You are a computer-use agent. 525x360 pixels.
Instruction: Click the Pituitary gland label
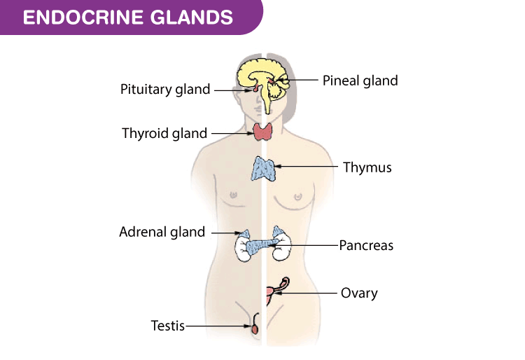(x=164, y=90)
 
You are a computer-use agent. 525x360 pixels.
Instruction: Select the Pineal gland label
(x=360, y=81)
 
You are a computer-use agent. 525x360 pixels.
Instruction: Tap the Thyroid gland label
(x=164, y=133)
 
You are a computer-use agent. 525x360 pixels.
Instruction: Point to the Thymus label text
(x=367, y=167)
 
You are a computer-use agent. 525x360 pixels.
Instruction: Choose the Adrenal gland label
(x=162, y=232)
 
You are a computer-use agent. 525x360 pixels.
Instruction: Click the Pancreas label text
(x=366, y=246)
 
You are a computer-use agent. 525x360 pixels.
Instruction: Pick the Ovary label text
(x=358, y=293)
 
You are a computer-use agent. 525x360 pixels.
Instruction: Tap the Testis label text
(x=168, y=326)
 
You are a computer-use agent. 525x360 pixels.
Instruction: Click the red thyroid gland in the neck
(x=264, y=131)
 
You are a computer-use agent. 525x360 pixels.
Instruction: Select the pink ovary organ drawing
(x=272, y=293)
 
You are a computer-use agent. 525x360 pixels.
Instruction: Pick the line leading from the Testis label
(x=217, y=326)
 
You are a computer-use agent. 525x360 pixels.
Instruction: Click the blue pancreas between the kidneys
(x=262, y=245)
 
